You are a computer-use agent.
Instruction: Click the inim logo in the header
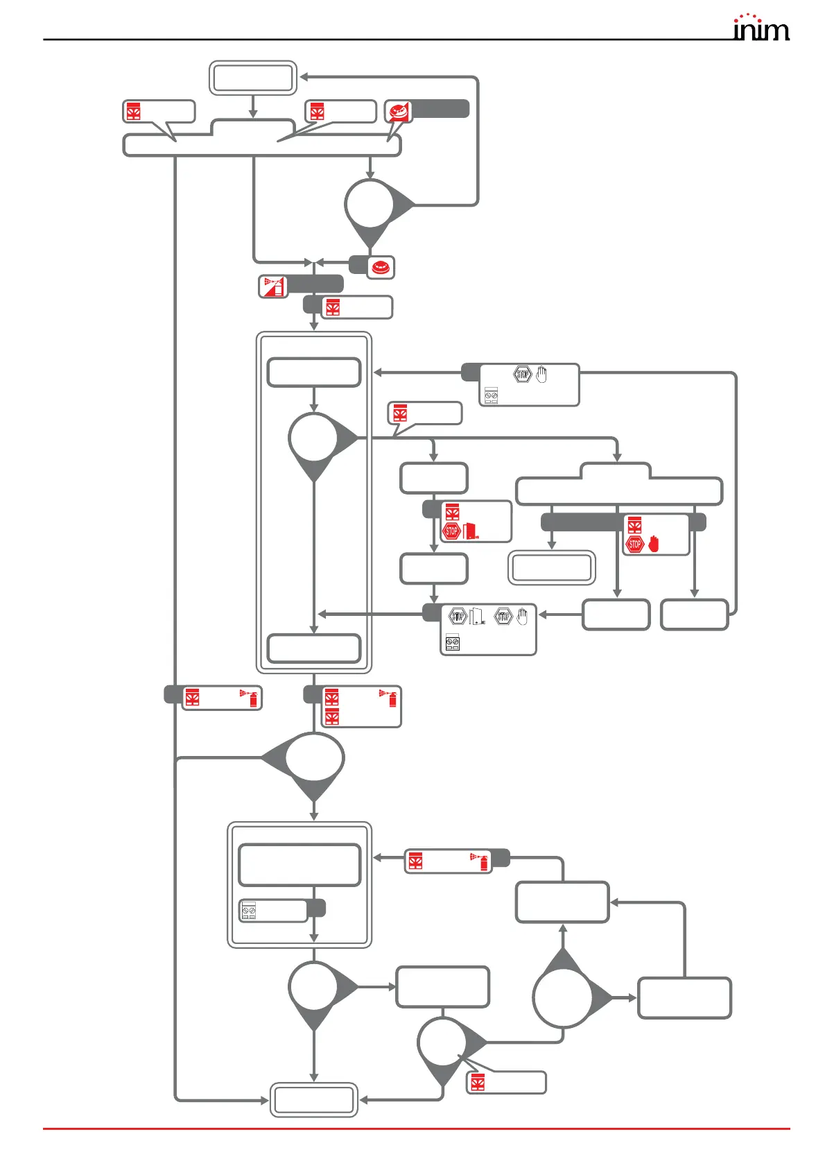tap(761, 28)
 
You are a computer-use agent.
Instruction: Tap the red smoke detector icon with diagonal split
tap(398, 111)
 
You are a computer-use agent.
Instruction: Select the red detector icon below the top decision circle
tap(381, 268)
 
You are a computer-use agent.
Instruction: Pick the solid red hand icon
tap(653, 544)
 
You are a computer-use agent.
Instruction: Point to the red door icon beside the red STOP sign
tap(471, 531)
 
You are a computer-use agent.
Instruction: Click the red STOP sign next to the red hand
tap(634, 544)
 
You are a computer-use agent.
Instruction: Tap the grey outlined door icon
tap(476, 616)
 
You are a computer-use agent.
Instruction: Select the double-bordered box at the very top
tap(253, 78)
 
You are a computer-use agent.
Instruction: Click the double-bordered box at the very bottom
tap(313, 1099)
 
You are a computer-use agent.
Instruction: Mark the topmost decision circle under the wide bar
tap(370, 204)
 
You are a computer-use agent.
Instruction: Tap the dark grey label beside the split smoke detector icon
tap(441, 109)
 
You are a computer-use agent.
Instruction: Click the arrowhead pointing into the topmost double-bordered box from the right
tap(304, 78)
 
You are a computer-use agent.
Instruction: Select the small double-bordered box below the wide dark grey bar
tap(552, 568)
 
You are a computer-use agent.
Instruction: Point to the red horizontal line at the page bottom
tap(416, 1128)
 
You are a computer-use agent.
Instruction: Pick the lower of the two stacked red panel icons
tap(332, 717)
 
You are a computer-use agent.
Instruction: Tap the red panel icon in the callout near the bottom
tap(478, 1083)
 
